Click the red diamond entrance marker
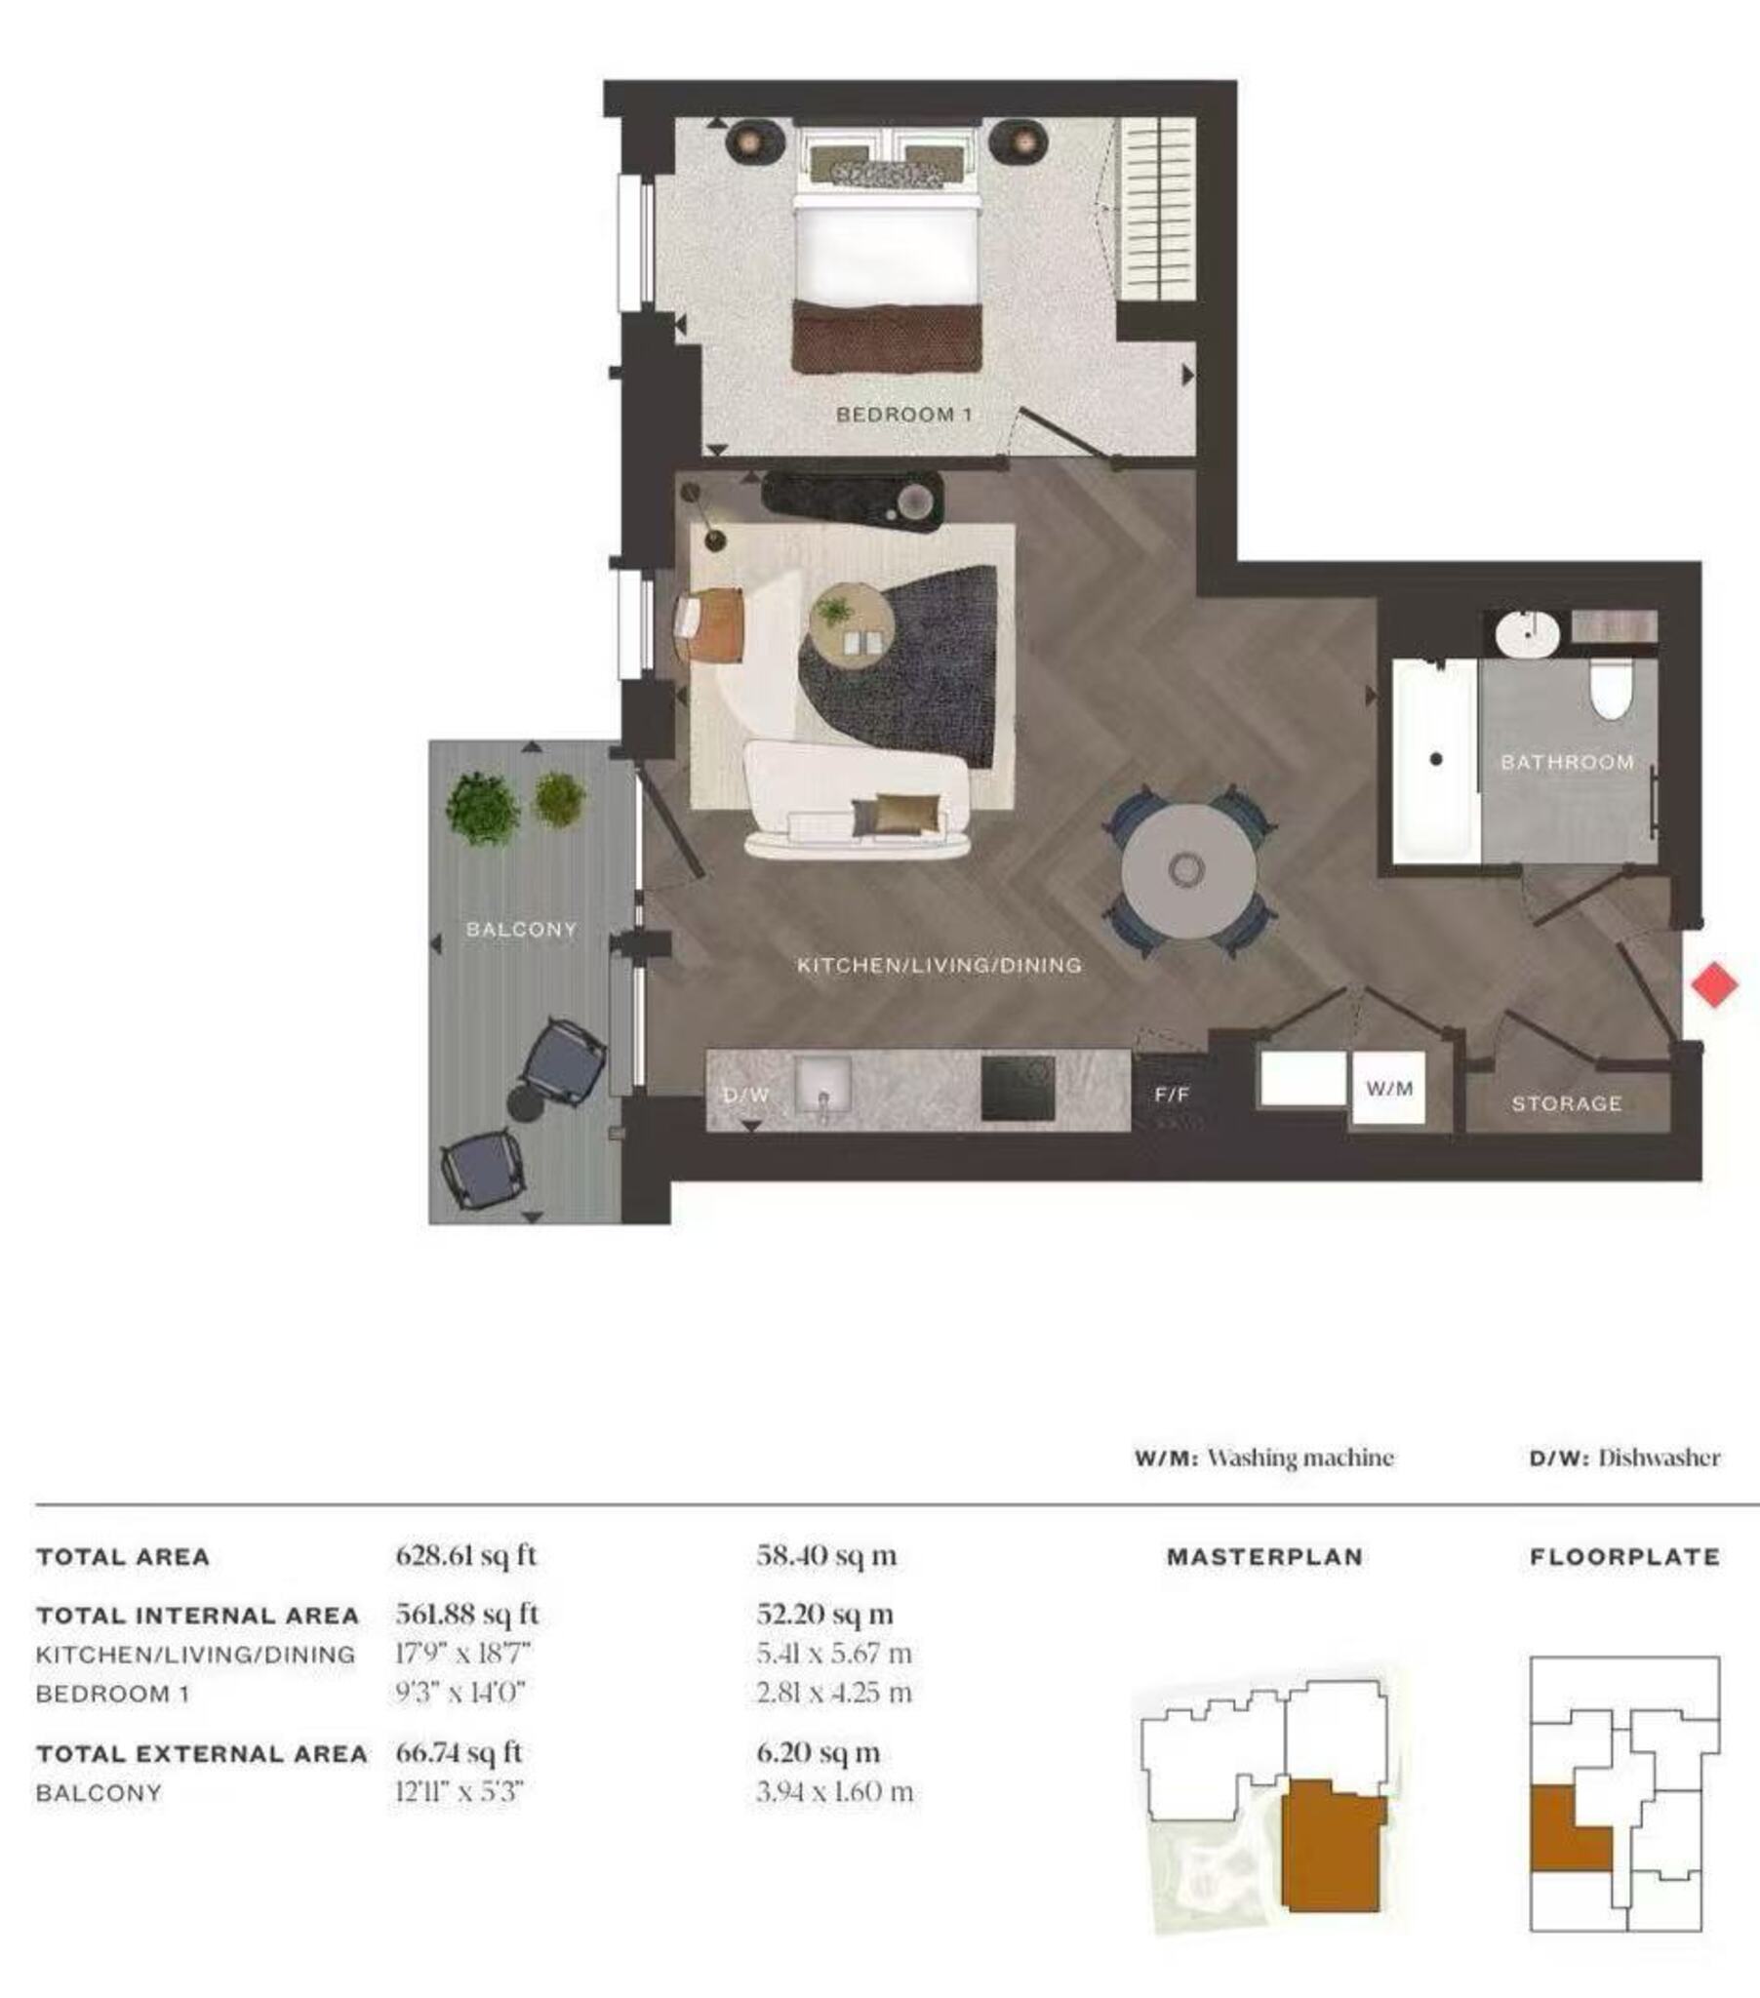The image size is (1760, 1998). tap(1715, 984)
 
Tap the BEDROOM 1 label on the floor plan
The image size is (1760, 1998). tap(903, 415)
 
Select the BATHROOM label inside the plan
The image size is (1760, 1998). tap(1568, 762)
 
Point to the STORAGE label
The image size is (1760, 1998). tap(1567, 1103)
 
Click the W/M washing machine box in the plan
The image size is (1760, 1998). tap(1388, 1088)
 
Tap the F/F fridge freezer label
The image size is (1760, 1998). tap(1172, 1095)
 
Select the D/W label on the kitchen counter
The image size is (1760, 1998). tap(745, 1095)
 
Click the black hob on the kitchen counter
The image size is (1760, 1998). tap(1018, 1088)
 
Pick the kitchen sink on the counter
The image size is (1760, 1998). tap(823, 1086)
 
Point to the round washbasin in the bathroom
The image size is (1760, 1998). tap(1527, 633)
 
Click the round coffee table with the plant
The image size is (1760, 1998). tap(851, 625)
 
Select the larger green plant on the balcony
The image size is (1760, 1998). tap(482, 809)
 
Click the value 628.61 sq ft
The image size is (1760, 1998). tap(466, 1556)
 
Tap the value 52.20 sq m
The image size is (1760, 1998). tap(825, 1615)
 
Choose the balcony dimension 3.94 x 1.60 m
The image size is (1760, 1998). tap(835, 1793)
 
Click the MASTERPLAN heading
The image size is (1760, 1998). tap(1265, 1557)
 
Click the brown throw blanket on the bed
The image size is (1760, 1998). tap(886, 338)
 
